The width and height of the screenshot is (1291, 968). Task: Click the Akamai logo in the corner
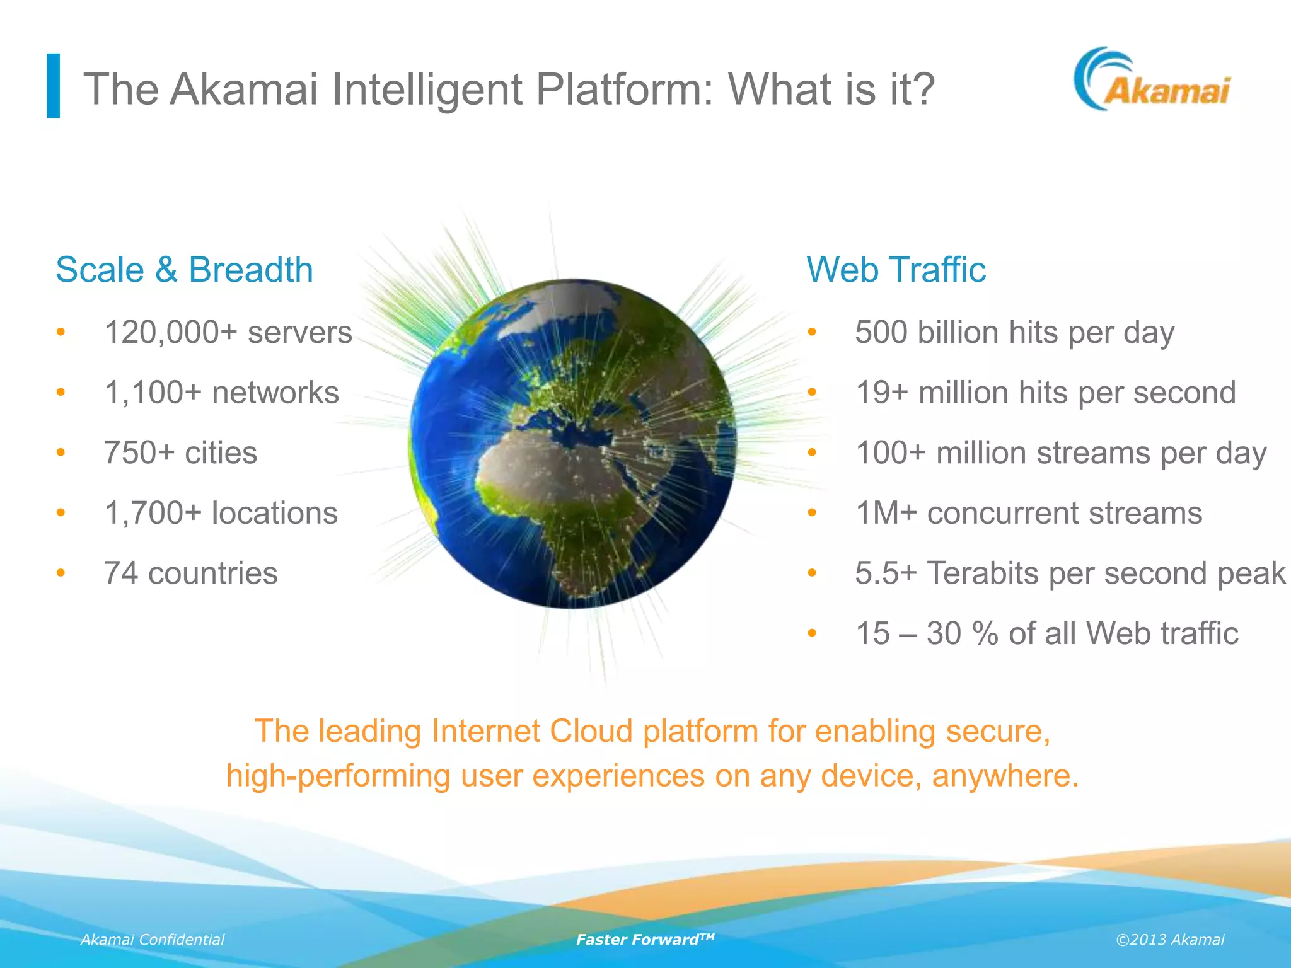click(x=1152, y=80)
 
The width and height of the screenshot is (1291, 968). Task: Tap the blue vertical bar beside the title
click(x=54, y=86)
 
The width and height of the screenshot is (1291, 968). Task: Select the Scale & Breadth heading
click(x=184, y=270)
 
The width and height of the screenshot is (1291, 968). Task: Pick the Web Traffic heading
click(x=896, y=270)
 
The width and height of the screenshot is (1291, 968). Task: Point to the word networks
click(x=275, y=393)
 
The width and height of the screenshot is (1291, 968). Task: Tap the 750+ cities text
click(x=180, y=452)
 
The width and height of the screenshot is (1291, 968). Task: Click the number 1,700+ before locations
click(x=153, y=513)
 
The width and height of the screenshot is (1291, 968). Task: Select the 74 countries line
click(x=190, y=573)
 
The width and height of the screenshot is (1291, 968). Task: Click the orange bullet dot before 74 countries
click(x=61, y=573)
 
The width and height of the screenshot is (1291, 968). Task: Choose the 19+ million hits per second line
click(x=1045, y=393)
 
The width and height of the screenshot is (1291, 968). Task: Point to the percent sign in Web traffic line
click(x=985, y=633)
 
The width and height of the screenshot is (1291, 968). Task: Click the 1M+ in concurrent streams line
click(x=886, y=513)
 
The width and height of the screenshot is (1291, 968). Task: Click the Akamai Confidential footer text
click(x=153, y=940)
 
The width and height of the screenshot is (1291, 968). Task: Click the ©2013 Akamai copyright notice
click(x=1169, y=940)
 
